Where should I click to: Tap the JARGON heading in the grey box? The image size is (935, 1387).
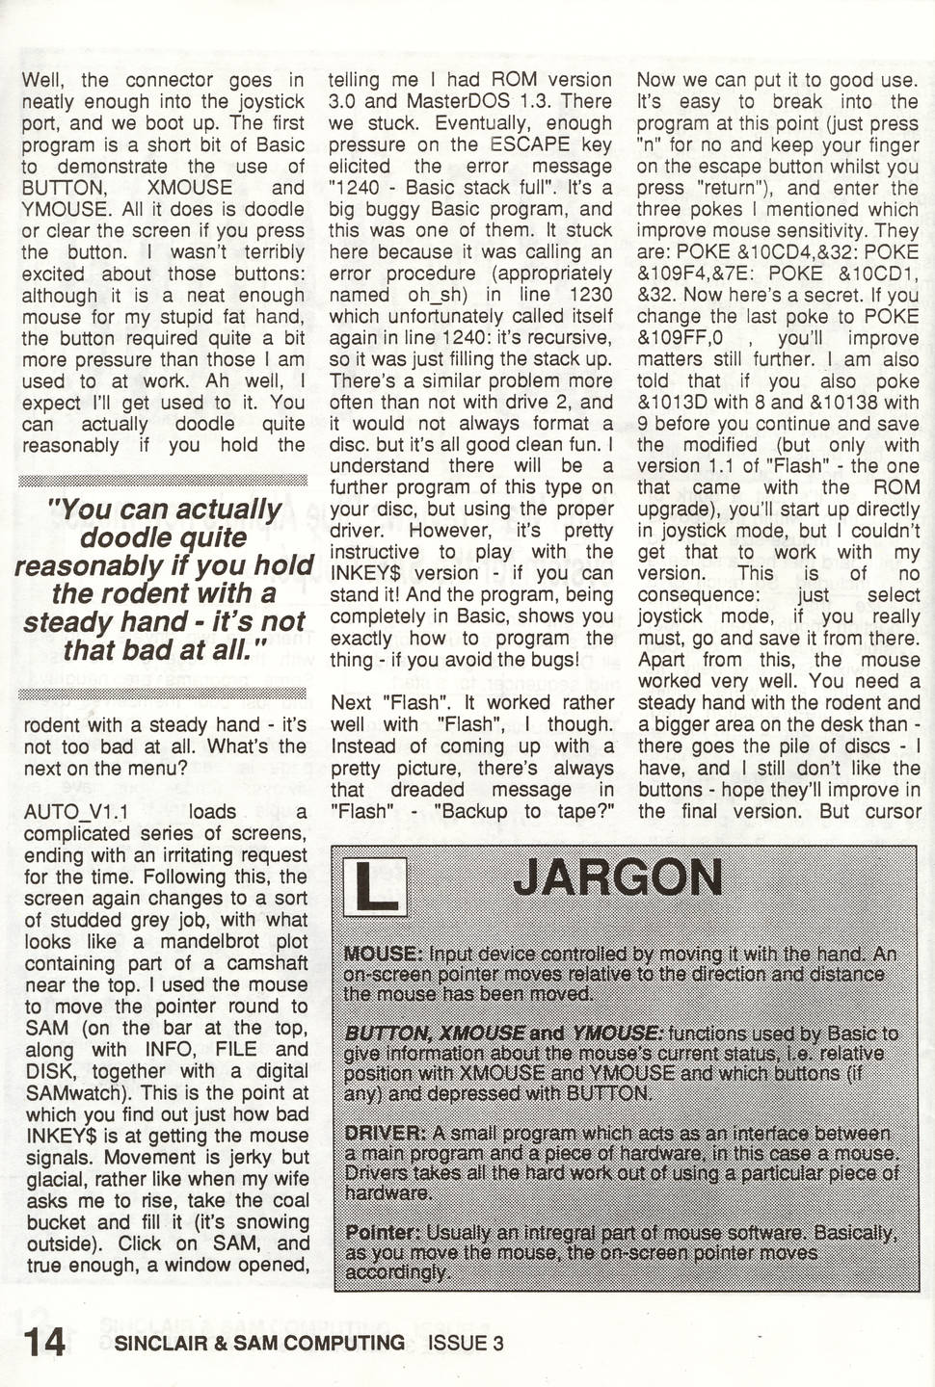(617, 877)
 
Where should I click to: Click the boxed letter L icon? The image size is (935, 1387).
(376, 886)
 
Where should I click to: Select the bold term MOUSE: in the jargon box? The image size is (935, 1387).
(382, 954)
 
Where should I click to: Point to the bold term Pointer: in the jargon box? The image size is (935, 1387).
(383, 1233)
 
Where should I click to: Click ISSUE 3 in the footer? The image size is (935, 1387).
(466, 1343)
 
